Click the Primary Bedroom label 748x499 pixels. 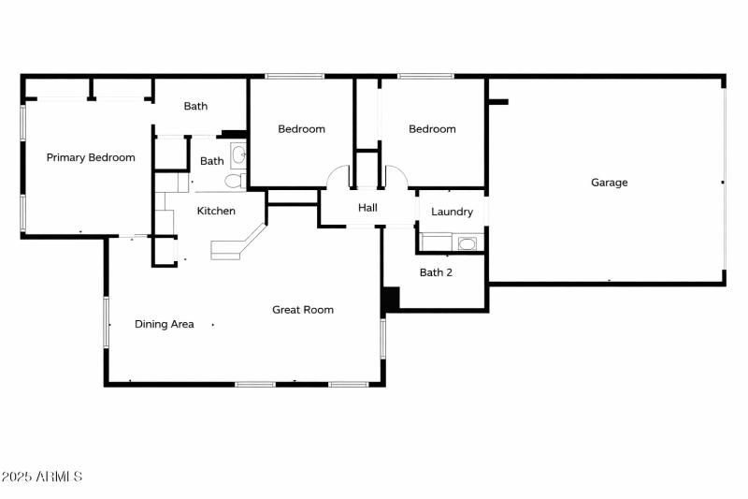click(x=91, y=157)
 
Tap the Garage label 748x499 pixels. click(x=609, y=183)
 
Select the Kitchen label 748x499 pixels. click(x=216, y=211)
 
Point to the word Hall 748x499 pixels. click(x=367, y=207)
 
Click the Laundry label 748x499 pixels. click(x=452, y=212)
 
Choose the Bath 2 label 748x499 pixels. click(x=436, y=272)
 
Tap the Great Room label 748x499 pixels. click(x=303, y=309)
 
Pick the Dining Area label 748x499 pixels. click(x=165, y=324)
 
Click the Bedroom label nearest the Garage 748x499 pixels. click(x=432, y=129)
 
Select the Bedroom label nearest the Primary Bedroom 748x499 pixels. click(x=301, y=129)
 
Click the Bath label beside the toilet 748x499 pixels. click(x=212, y=161)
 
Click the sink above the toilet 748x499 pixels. click(x=237, y=154)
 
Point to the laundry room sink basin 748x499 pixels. click(x=467, y=244)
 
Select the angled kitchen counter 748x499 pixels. click(x=239, y=243)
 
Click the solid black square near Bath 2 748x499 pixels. click(x=390, y=298)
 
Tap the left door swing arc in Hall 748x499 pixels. click(x=337, y=175)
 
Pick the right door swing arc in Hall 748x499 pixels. click(x=396, y=175)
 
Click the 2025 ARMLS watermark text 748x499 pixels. click(x=41, y=477)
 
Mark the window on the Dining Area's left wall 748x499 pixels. click(x=106, y=324)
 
